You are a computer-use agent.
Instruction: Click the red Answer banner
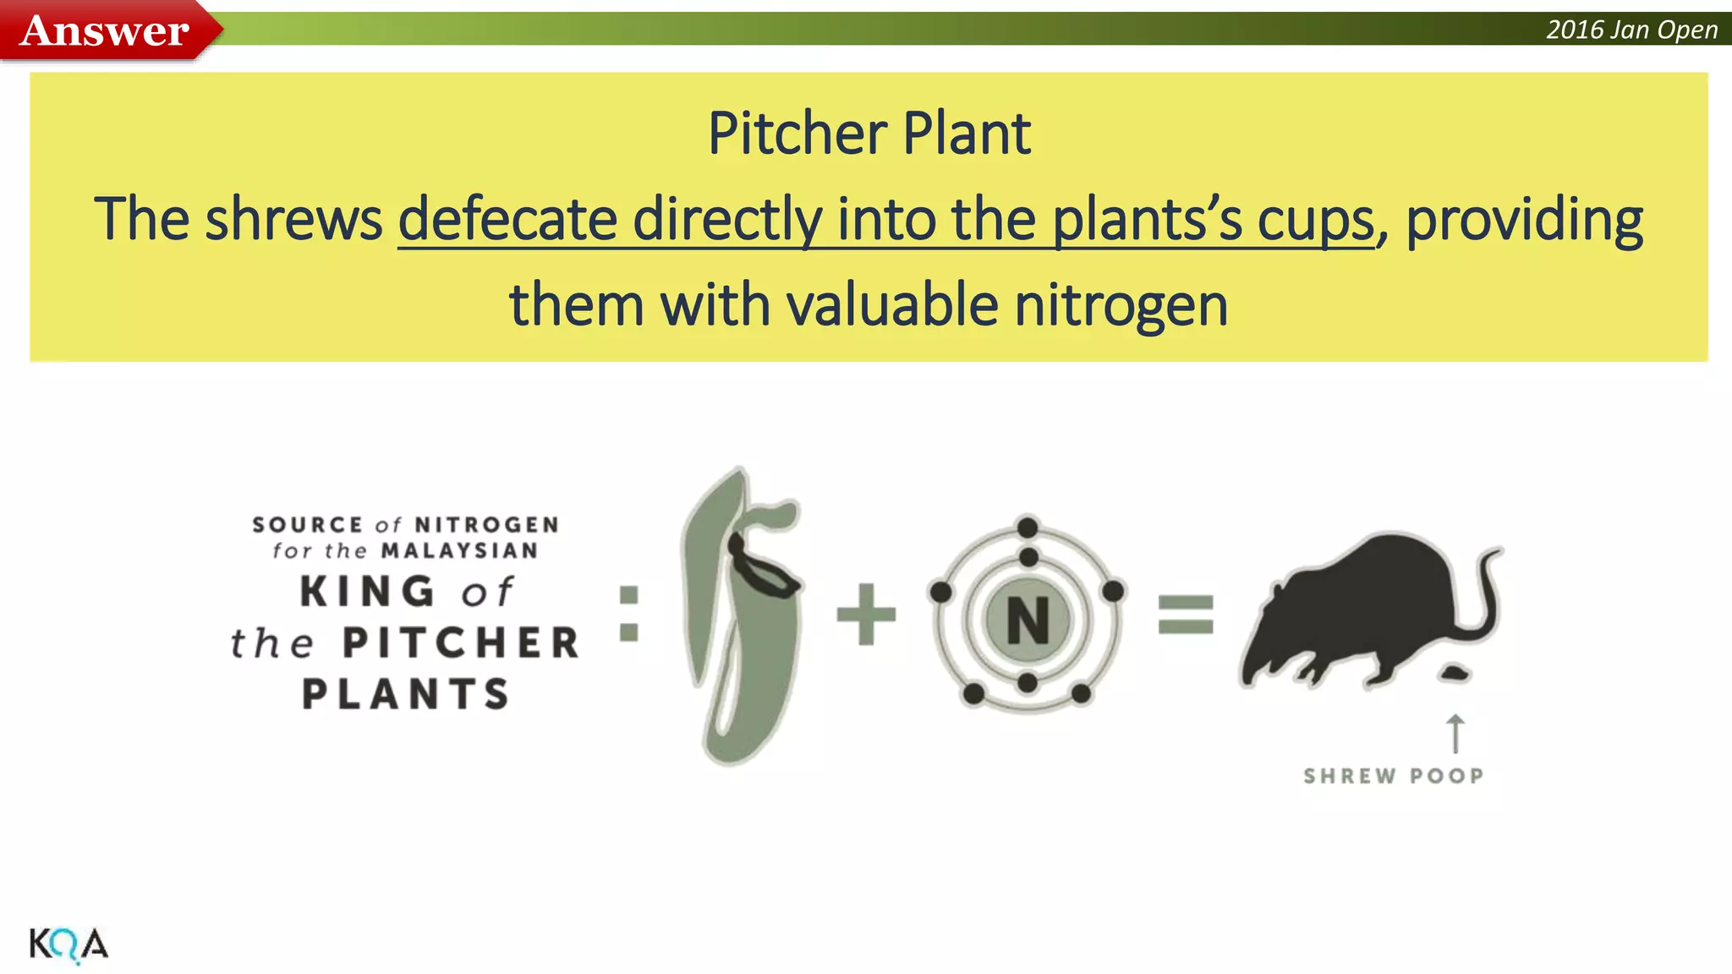tap(106, 31)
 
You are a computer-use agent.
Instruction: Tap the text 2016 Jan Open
tap(1631, 30)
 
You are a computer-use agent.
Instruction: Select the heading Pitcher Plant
tap(869, 134)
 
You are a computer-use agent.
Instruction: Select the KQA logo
tap(69, 944)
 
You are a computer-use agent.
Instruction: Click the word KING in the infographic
tap(368, 592)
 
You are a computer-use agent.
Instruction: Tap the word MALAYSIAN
tap(459, 551)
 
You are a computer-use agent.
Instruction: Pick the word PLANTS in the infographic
tap(406, 694)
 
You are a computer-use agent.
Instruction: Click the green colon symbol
tap(628, 614)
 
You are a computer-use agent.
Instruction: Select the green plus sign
tap(866, 614)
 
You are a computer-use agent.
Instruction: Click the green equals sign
tap(1186, 615)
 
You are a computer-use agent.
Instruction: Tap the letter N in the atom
tap(1028, 621)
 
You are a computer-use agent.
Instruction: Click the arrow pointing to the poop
tap(1455, 733)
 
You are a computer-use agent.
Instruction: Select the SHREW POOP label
tap(1393, 776)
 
